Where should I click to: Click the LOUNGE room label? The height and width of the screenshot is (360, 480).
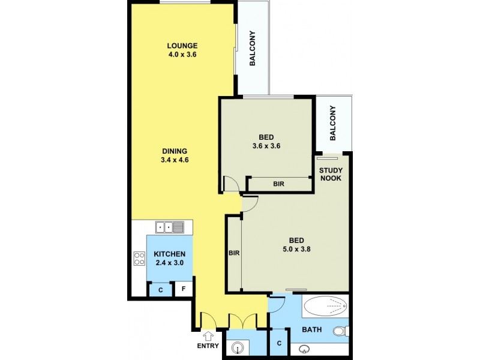(x=182, y=46)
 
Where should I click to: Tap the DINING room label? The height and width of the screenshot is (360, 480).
(x=175, y=151)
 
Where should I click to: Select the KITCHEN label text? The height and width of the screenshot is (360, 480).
(x=170, y=254)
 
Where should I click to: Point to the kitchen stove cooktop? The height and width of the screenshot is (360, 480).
(x=139, y=259)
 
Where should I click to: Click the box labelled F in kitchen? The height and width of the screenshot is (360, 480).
(x=184, y=289)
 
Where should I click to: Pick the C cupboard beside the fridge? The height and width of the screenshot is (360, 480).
(x=160, y=290)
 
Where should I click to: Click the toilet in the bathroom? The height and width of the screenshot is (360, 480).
(x=340, y=331)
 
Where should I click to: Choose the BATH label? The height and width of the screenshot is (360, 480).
(x=312, y=329)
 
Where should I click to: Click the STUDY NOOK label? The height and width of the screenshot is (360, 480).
(x=331, y=173)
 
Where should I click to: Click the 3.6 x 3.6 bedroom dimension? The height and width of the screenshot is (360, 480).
(x=267, y=145)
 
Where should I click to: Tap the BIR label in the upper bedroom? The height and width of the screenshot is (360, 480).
(x=278, y=184)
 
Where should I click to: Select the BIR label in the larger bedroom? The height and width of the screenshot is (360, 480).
(x=233, y=253)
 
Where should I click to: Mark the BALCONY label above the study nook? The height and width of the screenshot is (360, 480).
(x=333, y=123)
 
